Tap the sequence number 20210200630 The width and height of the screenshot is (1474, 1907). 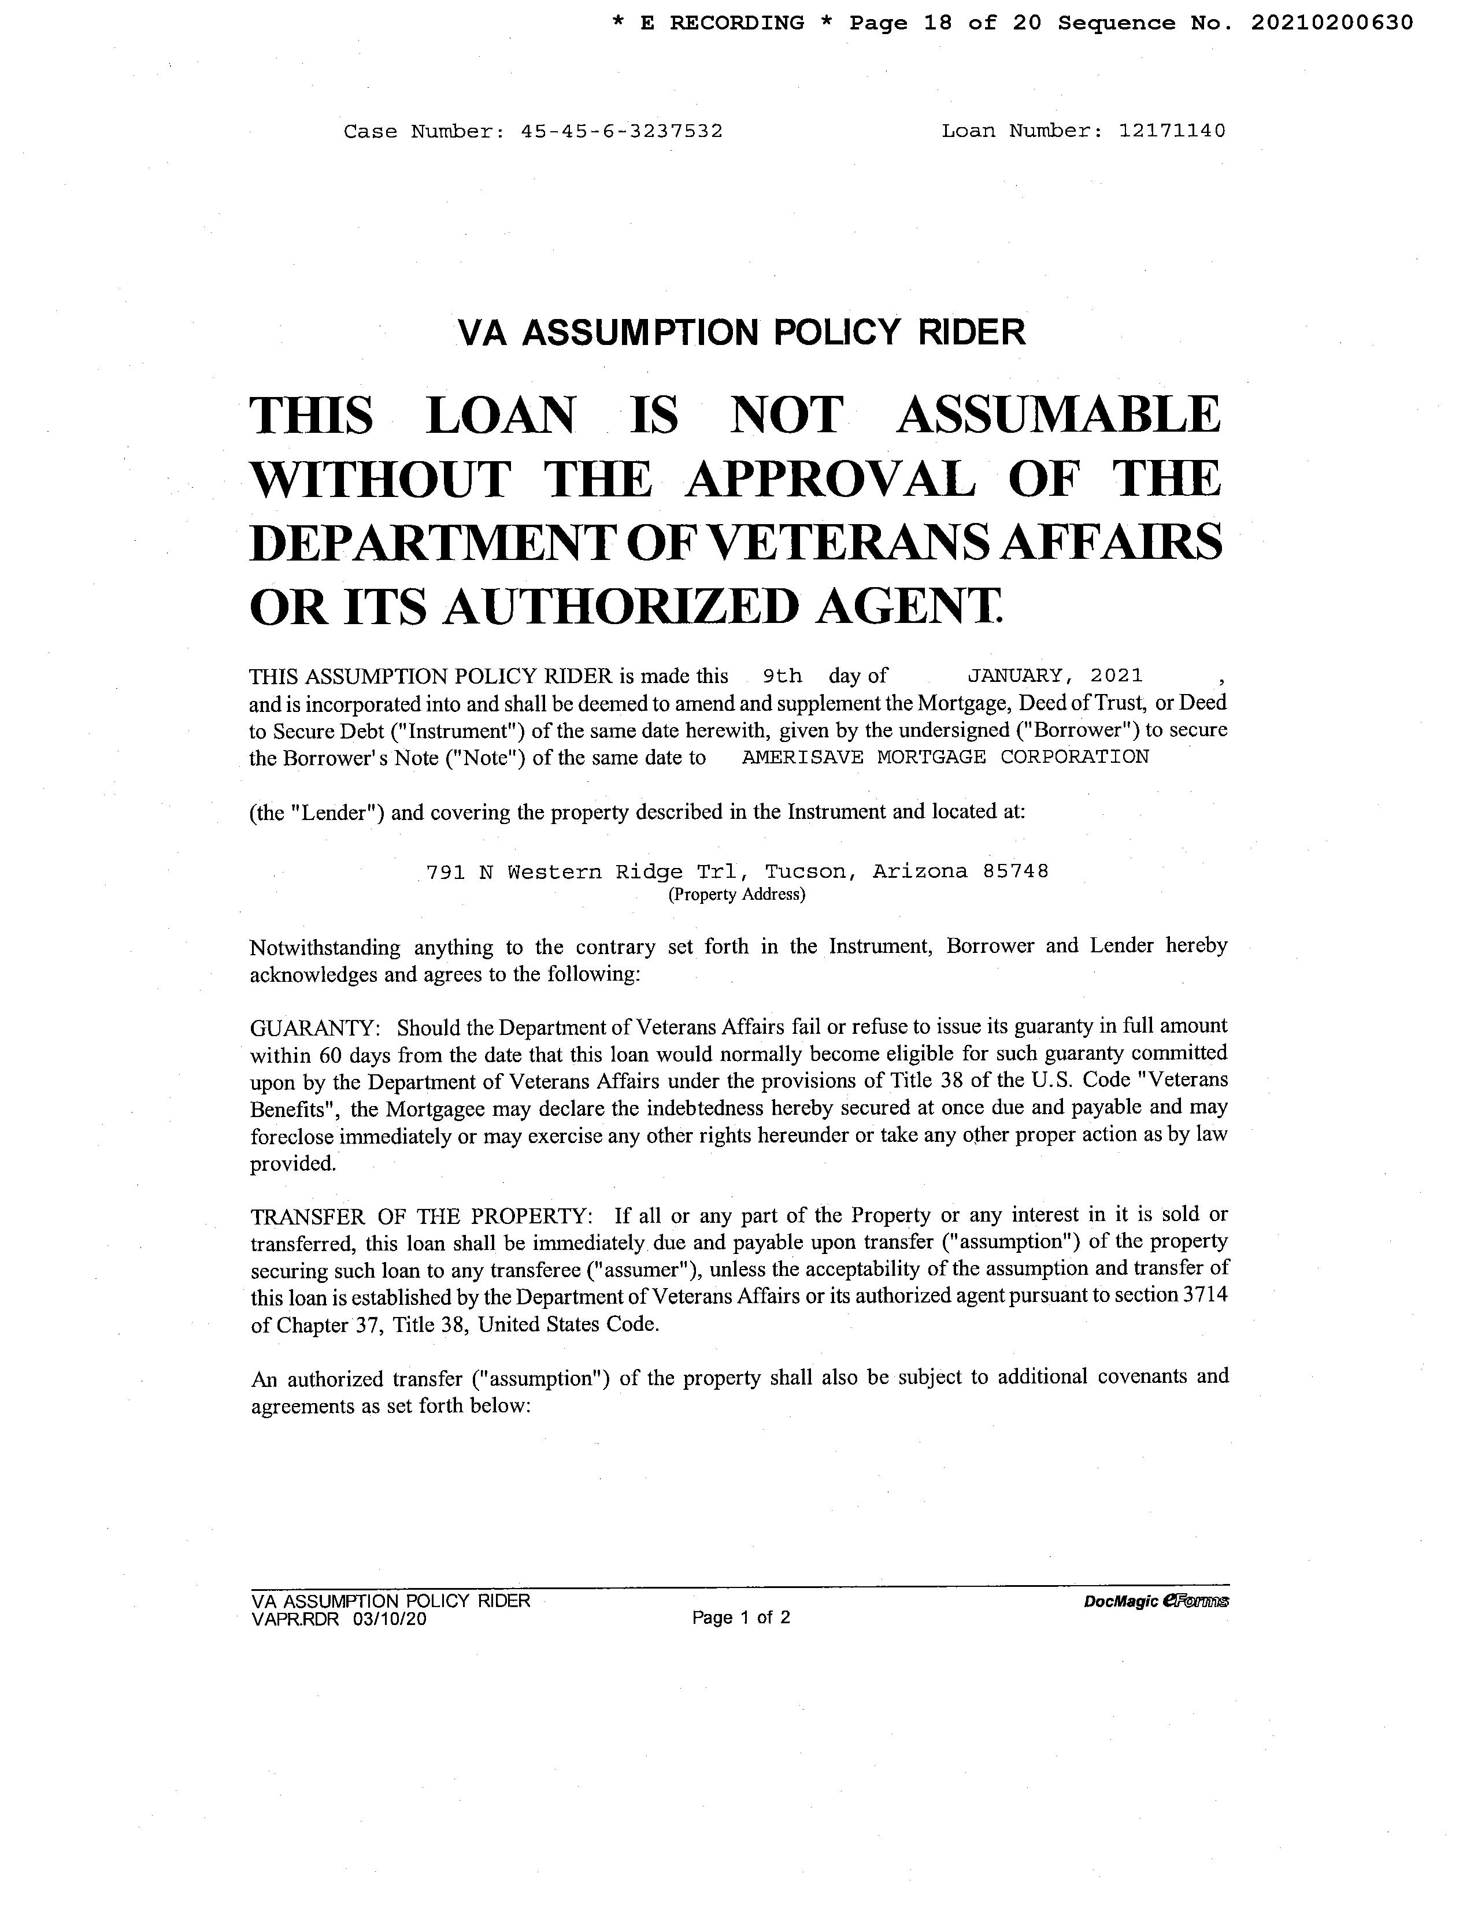1332,23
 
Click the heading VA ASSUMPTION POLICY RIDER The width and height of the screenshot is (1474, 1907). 742,333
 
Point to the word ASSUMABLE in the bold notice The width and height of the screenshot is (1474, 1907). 1058,415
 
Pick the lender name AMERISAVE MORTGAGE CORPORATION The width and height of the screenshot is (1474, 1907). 945,757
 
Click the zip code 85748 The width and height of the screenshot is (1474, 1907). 1016,871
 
